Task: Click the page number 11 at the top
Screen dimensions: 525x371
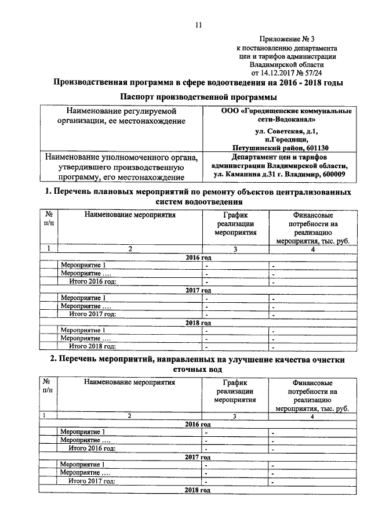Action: tap(198, 25)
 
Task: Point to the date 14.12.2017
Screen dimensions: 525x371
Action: tap(283, 74)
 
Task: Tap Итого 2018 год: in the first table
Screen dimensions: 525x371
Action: tap(93, 346)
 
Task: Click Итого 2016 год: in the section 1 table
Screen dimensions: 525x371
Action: tap(93, 281)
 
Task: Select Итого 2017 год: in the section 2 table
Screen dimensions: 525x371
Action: tap(93, 480)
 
